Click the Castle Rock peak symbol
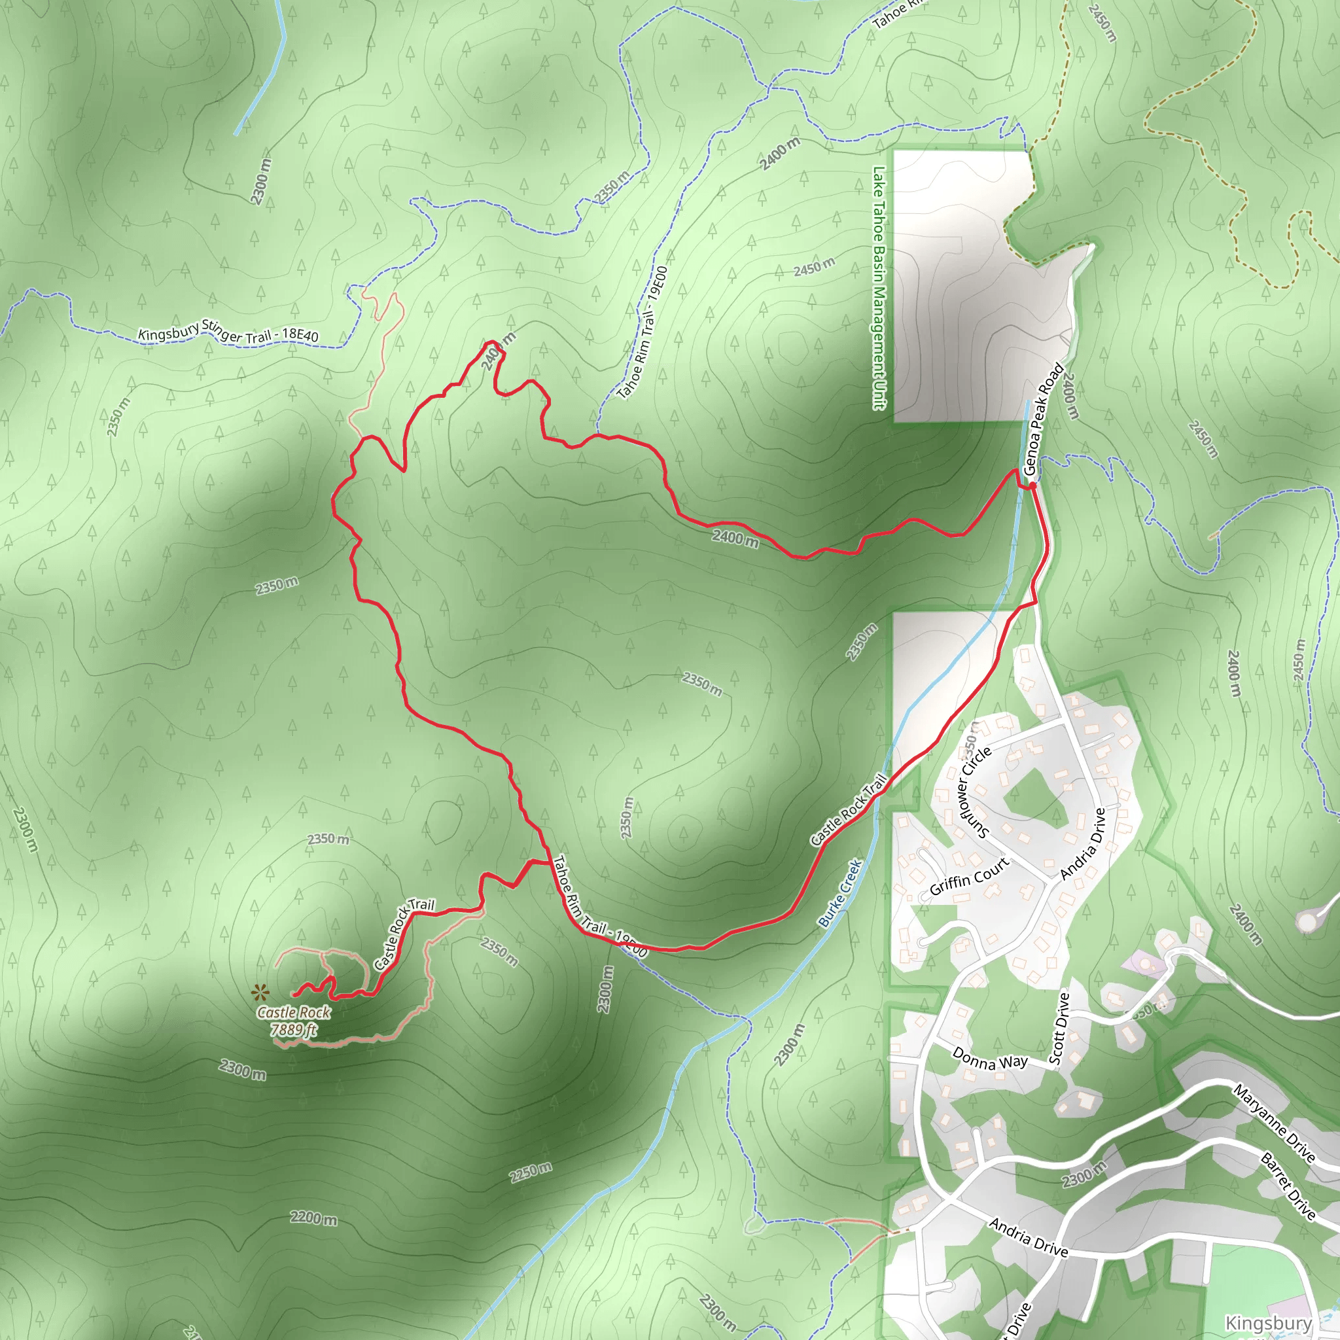[259, 993]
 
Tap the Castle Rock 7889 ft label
[293, 1021]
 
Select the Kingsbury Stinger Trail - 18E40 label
[228, 333]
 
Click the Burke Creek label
[839, 893]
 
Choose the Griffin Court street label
[969, 877]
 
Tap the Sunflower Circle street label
[974, 792]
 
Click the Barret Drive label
[1288, 1186]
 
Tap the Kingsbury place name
[1269, 1322]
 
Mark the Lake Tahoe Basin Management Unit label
[879, 288]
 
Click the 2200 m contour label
[313, 1218]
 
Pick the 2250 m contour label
[531, 1172]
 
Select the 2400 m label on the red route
[735, 538]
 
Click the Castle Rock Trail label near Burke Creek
[849, 810]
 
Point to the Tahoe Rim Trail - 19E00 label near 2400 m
[643, 333]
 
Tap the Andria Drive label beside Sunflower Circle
[1083, 843]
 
